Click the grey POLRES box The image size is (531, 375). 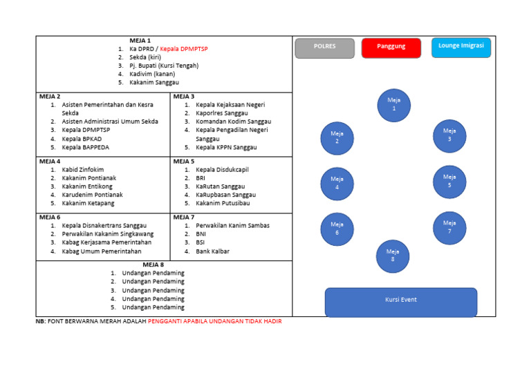click(x=324, y=48)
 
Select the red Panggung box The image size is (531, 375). click(x=391, y=48)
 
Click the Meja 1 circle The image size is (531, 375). click(x=394, y=104)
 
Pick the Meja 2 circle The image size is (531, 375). click(x=337, y=138)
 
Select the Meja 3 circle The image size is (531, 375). click(x=449, y=135)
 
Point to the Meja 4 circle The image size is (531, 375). click(x=337, y=184)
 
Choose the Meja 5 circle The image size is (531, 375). click(x=449, y=182)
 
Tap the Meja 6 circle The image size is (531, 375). click(x=337, y=229)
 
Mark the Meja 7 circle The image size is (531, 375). click(x=449, y=227)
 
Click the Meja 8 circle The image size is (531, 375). click(x=393, y=256)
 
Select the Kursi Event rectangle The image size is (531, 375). click(x=401, y=301)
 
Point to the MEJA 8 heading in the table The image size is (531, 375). click(x=153, y=264)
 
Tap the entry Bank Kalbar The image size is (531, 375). click(x=214, y=251)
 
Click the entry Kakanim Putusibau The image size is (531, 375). click(x=223, y=203)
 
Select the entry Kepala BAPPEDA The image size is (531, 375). click(x=86, y=147)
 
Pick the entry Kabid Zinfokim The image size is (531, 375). click(x=83, y=169)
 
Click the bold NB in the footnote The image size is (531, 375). click(x=40, y=322)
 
